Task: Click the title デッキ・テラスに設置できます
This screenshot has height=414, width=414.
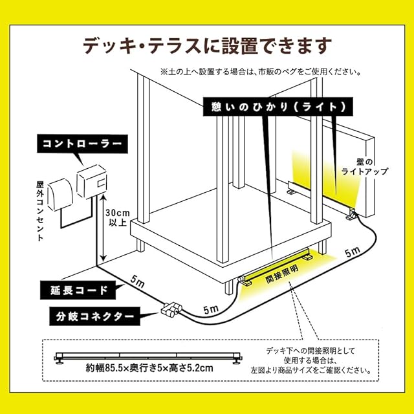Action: point(207,45)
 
